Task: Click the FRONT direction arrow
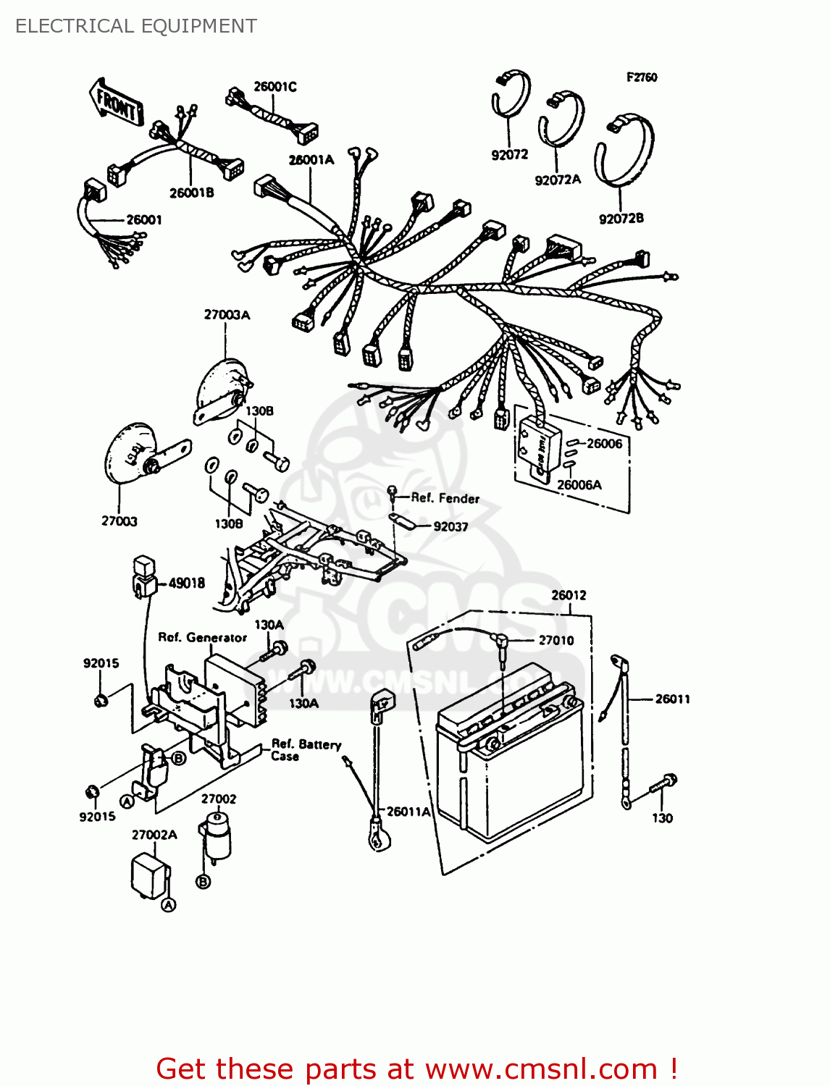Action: [116, 104]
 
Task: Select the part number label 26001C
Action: [274, 87]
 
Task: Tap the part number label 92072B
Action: [621, 219]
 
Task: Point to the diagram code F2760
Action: [642, 77]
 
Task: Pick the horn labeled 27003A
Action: [220, 391]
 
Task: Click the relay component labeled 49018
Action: [145, 576]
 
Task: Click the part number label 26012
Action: [569, 595]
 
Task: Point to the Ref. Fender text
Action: [445, 498]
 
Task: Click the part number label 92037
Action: [450, 527]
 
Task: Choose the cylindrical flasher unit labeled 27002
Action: [216, 833]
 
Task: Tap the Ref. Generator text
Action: [202, 638]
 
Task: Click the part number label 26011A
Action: [408, 812]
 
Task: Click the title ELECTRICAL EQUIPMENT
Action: [136, 26]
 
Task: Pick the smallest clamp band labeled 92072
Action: [511, 94]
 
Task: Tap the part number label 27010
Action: [556, 640]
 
